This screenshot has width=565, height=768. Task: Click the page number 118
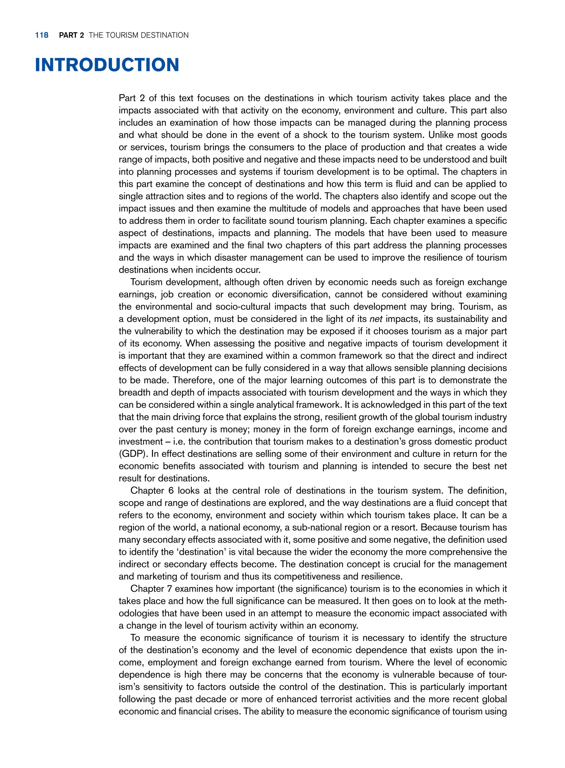tap(42, 35)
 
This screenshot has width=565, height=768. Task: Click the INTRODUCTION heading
tap(107, 65)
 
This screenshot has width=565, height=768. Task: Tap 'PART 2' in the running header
tap(71, 35)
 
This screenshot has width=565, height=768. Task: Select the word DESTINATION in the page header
tap(164, 35)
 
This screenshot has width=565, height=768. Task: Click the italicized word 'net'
tap(375, 319)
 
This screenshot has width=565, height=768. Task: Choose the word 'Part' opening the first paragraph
tap(127, 98)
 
